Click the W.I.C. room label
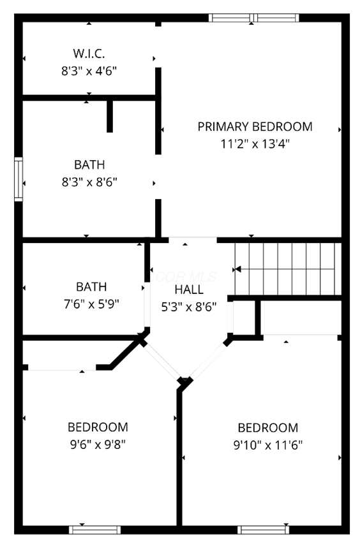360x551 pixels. [x=89, y=52]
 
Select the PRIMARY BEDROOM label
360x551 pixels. [x=255, y=126]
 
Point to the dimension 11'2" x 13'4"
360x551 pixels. [x=255, y=144]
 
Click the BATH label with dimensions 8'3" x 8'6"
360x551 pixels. [x=89, y=165]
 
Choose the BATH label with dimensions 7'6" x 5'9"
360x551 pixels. [x=91, y=287]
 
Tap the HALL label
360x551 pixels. [x=189, y=290]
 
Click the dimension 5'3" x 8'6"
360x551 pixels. [x=189, y=306]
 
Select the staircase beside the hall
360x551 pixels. [x=285, y=268]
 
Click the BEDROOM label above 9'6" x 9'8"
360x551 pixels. [x=98, y=427]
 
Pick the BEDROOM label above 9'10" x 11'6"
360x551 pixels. [x=267, y=428]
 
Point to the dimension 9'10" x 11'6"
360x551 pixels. [x=267, y=444]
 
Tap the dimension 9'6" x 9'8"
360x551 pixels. [x=98, y=444]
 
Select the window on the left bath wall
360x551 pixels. [x=19, y=179]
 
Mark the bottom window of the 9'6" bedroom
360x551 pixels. [x=94, y=529]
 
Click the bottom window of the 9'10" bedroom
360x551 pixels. [x=263, y=529]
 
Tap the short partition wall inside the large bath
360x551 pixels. [x=110, y=115]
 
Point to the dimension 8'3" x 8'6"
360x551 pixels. [x=89, y=182]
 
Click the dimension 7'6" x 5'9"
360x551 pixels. [x=91, y=304]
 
